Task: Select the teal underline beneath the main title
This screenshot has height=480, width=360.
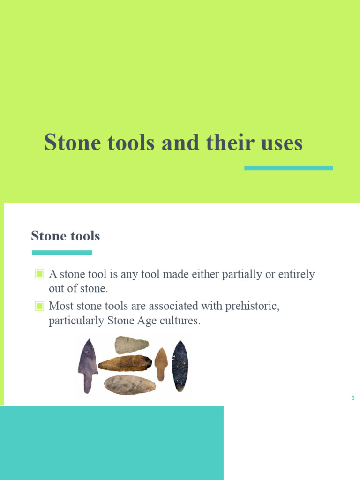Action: (288, 168)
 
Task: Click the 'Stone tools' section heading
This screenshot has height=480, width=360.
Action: (65, 236)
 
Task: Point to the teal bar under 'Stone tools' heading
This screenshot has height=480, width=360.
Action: (62, 253)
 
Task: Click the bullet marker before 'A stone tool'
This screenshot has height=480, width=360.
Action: (39, 274)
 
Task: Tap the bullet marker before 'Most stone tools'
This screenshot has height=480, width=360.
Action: (39, 307)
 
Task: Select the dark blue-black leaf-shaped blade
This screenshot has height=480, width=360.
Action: (180, 366)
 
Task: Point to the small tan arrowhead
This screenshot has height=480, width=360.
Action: (161, 362)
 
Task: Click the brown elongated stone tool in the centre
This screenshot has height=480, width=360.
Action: (125, 362)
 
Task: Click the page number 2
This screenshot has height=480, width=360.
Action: (352, 398)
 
